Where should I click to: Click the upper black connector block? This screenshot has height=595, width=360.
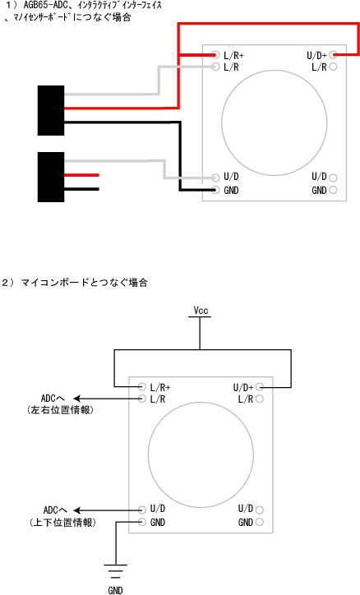51,110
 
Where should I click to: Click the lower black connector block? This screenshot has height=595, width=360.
51,177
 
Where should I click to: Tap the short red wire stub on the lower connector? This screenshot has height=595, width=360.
81,175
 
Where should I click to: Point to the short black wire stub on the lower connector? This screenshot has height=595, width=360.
81,189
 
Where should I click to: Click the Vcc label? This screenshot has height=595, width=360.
201,311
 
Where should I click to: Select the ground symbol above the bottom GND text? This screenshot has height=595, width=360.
116,571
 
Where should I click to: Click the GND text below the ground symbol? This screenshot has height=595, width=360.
115,590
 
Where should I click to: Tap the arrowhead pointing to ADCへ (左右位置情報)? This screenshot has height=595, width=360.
76,399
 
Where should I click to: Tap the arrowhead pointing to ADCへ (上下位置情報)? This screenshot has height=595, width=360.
76,510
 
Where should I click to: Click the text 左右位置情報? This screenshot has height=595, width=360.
60,410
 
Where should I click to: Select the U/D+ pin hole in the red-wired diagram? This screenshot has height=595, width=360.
333,54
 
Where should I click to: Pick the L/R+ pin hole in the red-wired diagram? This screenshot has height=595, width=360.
216,55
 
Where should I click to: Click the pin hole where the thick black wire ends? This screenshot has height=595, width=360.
216,190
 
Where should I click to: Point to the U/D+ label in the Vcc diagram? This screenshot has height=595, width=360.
242,387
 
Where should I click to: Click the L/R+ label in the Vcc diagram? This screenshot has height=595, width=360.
160,387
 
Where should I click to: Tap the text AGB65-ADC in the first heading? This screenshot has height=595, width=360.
42,5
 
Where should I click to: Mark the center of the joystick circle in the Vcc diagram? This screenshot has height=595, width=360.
201,455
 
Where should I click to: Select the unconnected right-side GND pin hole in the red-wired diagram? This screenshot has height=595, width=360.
333,190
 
